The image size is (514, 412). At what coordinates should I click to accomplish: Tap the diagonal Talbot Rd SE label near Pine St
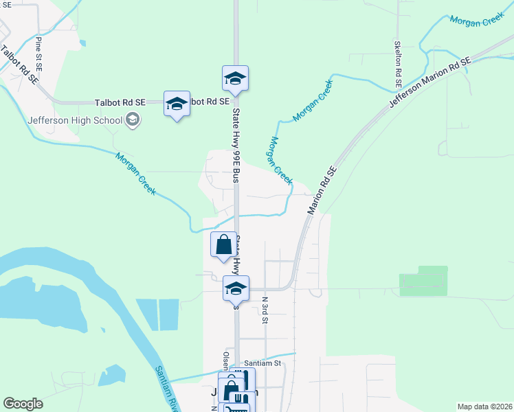[19, 65]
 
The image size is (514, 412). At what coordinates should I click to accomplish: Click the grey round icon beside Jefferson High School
[133, 121]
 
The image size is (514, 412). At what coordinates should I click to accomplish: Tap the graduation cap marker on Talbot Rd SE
[177, 104]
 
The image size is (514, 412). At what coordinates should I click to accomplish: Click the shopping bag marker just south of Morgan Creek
[224, 245]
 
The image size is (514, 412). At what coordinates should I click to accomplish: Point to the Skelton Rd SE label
[398, 62]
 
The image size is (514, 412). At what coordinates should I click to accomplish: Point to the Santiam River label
[167, 388]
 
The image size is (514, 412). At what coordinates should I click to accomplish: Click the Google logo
[23, 404]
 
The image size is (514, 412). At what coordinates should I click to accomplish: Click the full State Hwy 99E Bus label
[236, 144]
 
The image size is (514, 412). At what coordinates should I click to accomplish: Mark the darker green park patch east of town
[423, 281]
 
